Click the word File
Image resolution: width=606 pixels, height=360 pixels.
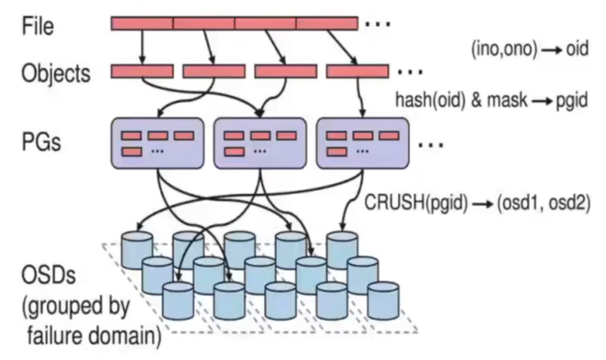(38, 26)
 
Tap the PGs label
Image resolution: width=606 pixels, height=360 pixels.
(41, 143)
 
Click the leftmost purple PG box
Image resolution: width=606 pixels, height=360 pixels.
(157, 143)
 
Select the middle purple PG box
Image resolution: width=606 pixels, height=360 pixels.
(260, 143)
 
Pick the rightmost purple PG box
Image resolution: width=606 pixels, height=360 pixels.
(363, 143)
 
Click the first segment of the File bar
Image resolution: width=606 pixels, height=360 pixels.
(142, 23)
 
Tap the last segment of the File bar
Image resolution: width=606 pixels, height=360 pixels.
(327, 23)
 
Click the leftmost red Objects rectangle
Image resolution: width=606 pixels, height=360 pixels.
(142, 71)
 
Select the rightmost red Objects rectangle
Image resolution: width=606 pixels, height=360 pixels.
(357, 71)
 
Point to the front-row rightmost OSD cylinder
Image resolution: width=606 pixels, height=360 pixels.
(383, 300)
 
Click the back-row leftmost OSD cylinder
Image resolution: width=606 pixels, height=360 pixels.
(137, 249)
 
